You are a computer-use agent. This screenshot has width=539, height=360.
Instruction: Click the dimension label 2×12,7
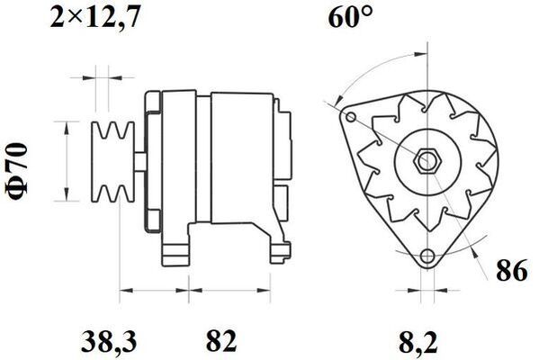95,17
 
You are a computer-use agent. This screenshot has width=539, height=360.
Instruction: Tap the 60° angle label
350,17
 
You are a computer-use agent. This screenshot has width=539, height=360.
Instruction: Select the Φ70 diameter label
16,171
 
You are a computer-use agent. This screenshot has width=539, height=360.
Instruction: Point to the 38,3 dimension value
109,342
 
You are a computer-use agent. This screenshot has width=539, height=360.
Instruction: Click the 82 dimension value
221,340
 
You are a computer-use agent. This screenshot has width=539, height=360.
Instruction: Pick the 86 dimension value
511,271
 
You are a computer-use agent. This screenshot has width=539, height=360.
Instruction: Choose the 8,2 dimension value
418,342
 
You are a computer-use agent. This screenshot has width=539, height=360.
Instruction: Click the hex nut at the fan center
427,161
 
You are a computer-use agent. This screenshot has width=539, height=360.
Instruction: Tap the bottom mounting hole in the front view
427,256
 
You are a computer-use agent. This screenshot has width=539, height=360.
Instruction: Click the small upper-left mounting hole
351,117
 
